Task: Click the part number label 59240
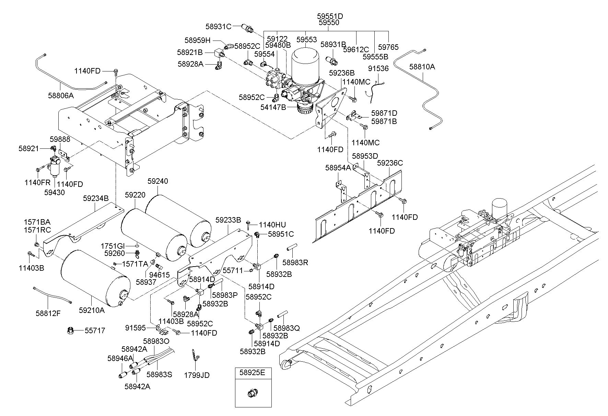[x=158, y=181]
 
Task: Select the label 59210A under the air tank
[x=92, y=310]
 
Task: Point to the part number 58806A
[x=61, y=95]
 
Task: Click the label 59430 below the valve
[x=54, y=192]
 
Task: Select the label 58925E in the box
[x=253, y=372]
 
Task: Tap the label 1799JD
[x=197, y=375]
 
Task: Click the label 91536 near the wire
[x=378, y=68]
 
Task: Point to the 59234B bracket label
[x=96, y=198]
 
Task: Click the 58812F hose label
[x=48, y=313]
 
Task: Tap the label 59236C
[x=390, y=163]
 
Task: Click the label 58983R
[x=295, y=262]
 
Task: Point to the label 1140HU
[x=272, y=225]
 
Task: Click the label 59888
[x=60, y=139]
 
